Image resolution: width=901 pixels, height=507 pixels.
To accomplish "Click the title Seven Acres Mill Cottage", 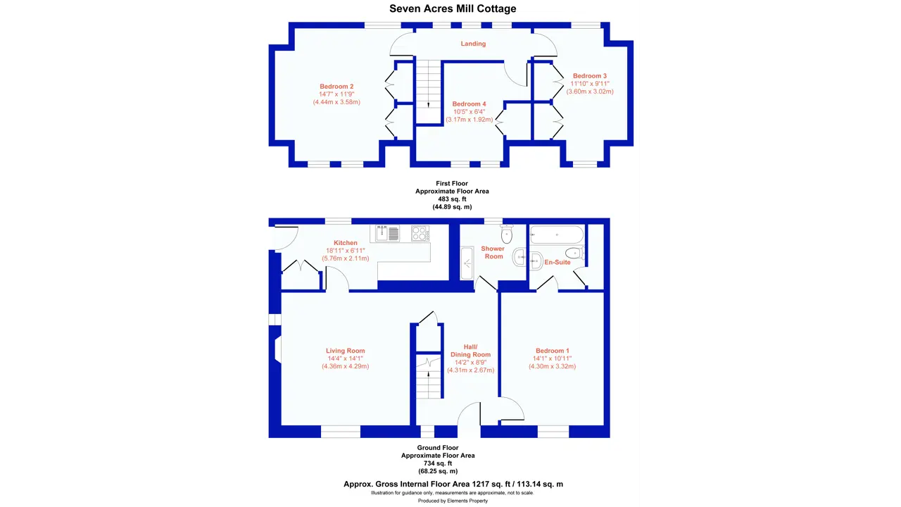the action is click(x=453, y=9).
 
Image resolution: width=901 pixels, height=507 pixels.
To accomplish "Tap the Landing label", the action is click(x=473, y=44).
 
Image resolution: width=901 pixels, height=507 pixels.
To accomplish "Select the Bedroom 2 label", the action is click(x=336, y=87).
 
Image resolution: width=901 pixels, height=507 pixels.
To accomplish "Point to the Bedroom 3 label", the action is click(x=590, y=76).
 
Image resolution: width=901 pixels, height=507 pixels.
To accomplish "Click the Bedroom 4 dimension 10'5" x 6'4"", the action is click(x=469, y=112).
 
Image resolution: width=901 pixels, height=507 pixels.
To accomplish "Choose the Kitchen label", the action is click(x=346, y=243).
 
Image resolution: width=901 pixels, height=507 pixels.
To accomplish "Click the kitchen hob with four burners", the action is click(x=420, y=233).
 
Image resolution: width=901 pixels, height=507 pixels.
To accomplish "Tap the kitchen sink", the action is click(x=387, y=233).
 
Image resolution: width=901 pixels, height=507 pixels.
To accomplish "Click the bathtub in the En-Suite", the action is click(x=557, y=234).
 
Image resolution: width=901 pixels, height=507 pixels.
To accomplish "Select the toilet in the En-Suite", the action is click(x=574, y=253).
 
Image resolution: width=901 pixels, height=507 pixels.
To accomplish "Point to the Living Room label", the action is click(x=345, y=351).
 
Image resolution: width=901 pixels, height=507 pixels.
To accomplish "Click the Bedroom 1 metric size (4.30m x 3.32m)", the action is click(x=552, y=367).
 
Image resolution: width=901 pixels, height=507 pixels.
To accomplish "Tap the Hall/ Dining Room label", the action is click(x=470, y=351).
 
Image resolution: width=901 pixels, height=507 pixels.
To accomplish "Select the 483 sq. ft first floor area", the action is click(x=452, y=199).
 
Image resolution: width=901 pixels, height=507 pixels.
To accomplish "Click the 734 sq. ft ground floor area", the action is click(x=438, y=463).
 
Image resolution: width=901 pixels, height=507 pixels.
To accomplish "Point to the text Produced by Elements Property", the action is click(x=453, y=501).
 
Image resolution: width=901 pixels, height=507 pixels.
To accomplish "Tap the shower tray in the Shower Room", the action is click(x=467, y=263).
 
